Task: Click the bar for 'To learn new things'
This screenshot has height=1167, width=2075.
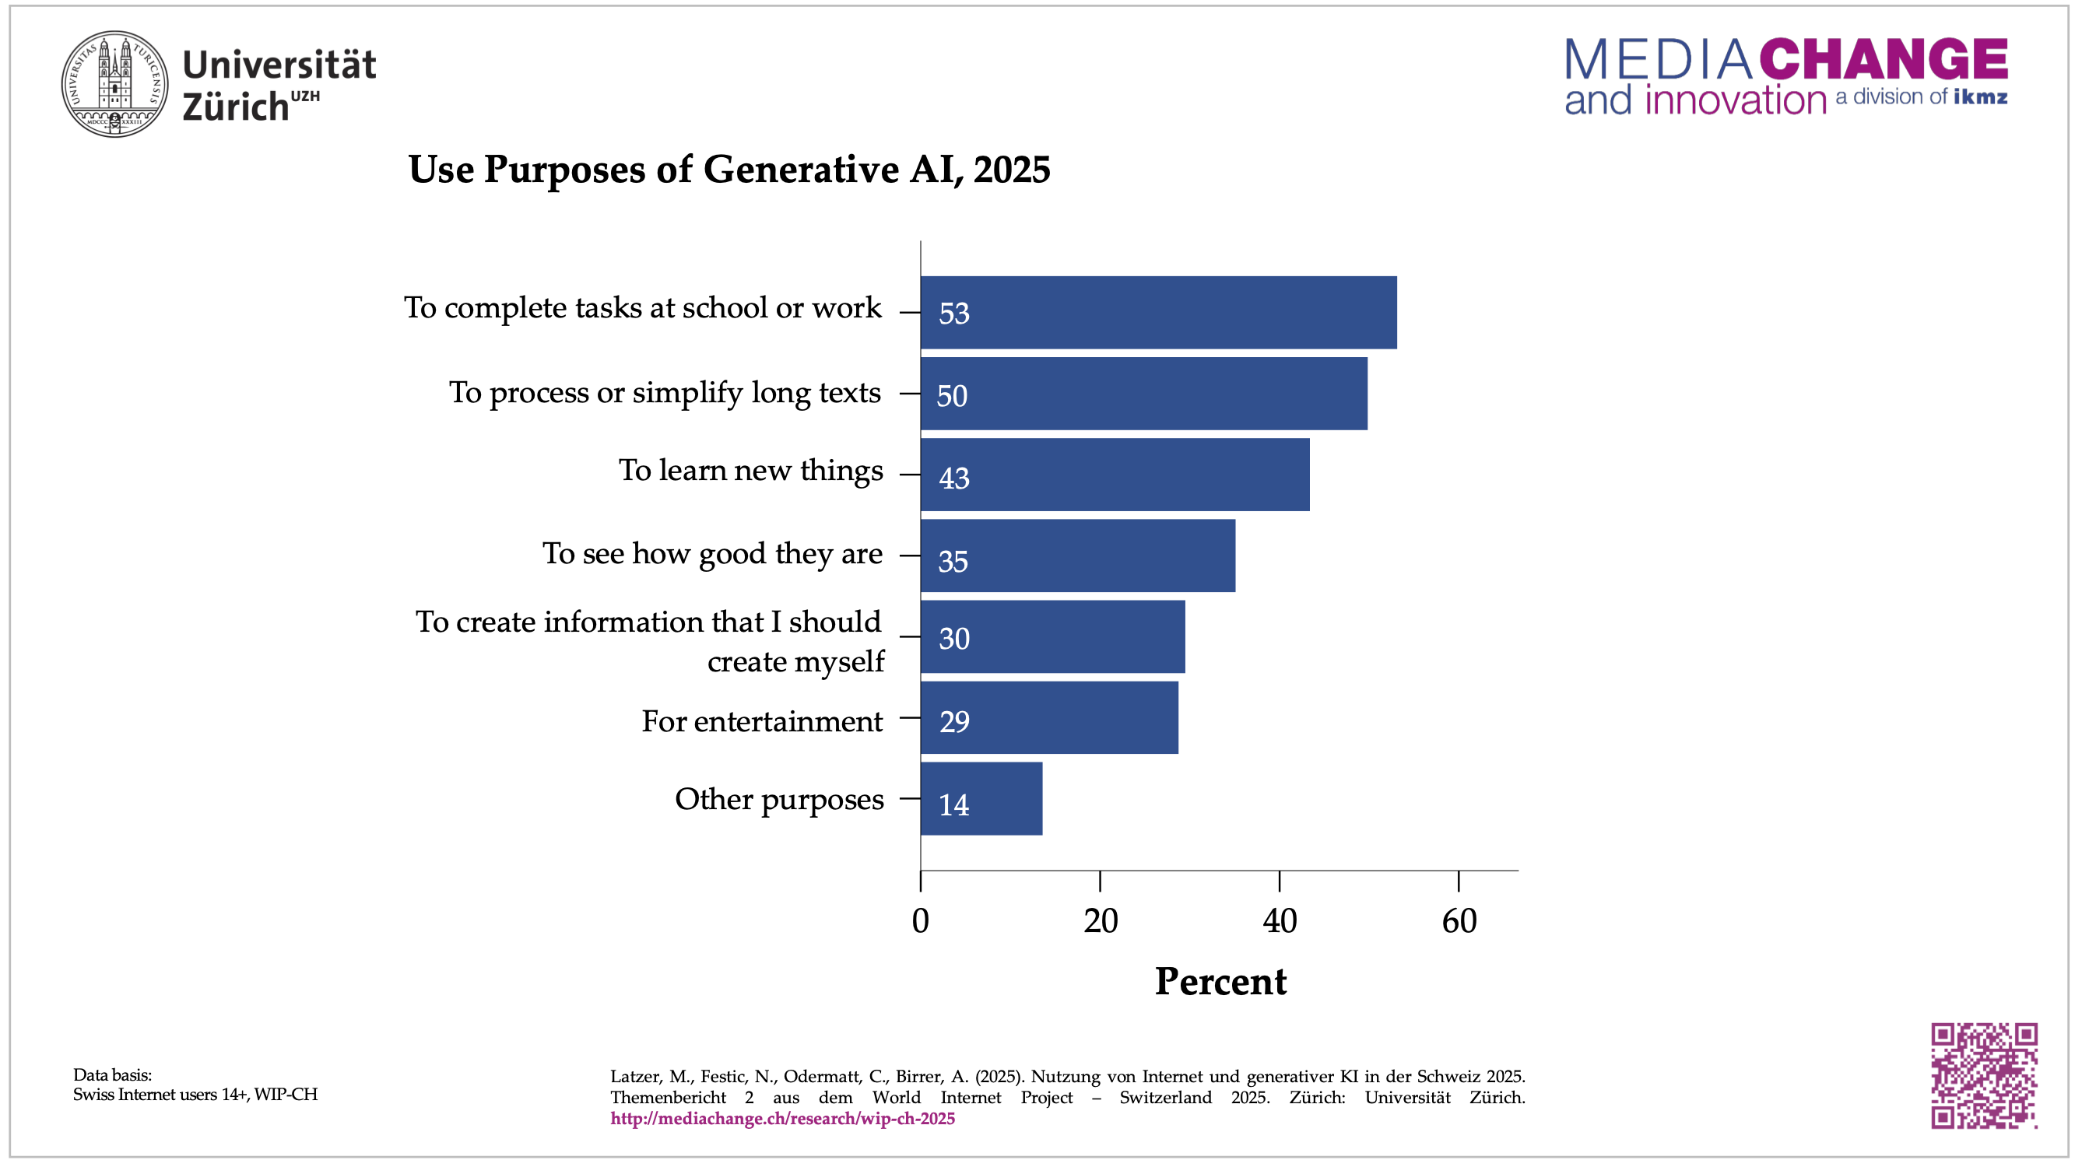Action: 1115,475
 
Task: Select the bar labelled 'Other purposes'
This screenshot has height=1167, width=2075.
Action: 981,799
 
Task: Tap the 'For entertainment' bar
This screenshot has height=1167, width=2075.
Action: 1048,717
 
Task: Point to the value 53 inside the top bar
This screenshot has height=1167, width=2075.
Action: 953,314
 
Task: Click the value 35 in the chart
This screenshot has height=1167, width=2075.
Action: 953,562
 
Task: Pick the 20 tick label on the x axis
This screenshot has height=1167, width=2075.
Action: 1101,921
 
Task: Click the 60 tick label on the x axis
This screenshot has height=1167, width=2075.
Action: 1459,921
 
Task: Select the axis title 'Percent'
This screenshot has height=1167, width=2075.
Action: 1220,982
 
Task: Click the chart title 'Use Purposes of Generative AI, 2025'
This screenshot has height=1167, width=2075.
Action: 729,170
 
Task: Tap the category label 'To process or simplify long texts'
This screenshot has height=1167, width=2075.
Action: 665,393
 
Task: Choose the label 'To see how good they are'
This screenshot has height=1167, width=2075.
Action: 712,554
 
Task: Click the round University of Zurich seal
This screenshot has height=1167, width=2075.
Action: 115,85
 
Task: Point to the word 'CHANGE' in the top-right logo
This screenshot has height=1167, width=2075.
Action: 1884,60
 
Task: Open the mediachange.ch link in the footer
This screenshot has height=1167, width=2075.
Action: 782,1119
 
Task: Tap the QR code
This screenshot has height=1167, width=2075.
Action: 1984,1075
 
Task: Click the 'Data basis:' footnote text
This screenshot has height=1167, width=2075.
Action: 113,1074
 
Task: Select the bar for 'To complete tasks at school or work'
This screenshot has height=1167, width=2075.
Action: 1158,313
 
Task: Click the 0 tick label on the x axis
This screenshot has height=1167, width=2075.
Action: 921,921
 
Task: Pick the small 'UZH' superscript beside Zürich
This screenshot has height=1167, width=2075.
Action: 305,96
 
